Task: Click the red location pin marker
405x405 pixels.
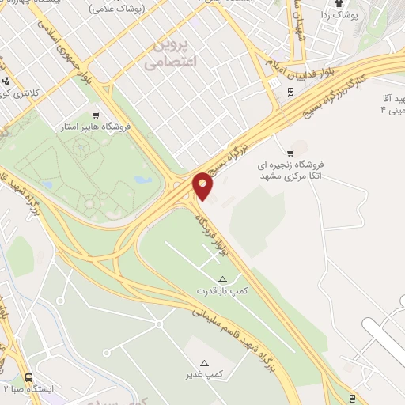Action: [x=203, y=186]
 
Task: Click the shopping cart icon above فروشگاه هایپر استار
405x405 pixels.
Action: [x=97, y=114]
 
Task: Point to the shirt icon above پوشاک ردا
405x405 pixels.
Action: [x=349, y=4]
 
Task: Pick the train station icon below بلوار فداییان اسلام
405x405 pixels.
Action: [x=290, y=90]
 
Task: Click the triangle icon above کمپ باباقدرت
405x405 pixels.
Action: [x=222, y=279]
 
